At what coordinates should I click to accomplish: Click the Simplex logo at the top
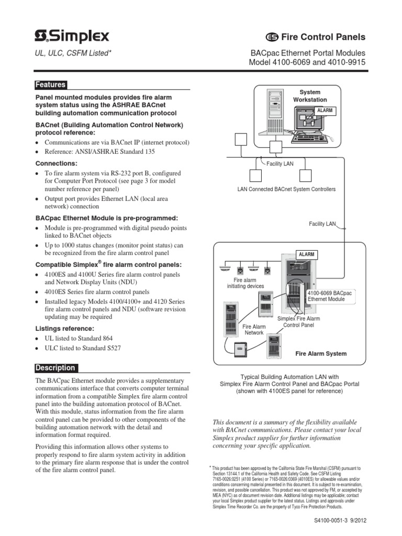click(72, 36)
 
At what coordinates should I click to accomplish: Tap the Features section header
click(50, 85)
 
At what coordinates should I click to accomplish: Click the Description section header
click(55, 368)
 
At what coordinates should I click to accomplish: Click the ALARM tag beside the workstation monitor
click(325, 110)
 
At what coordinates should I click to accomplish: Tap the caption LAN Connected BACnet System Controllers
click(286, 189)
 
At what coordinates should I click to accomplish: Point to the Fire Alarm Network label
click(254, 329)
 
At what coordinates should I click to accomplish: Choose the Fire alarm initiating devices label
click(245, 283)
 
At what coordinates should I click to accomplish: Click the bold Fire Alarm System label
click(321, 353)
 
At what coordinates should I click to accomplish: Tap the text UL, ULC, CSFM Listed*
click(73, 53)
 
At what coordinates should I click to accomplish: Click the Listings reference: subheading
click(65, 328)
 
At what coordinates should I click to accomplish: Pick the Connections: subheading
click(55, 163)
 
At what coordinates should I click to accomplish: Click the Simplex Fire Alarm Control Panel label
click(298, 321)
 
